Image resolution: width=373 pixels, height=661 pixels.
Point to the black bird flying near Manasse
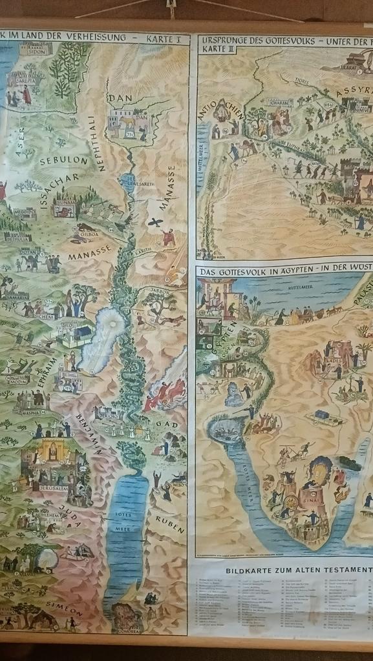click(x=155, y=223)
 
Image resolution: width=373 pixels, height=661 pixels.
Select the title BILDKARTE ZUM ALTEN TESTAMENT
click(x=299, y=571)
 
